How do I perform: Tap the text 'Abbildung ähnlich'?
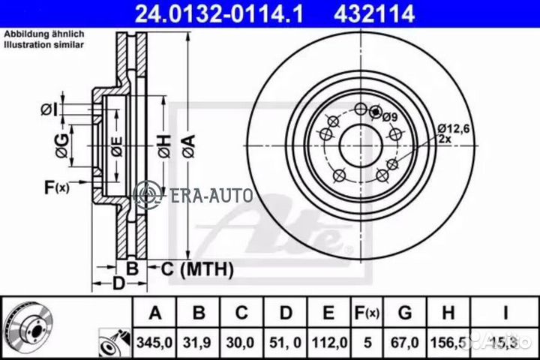[44, 34]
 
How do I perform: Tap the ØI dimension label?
[49, 111]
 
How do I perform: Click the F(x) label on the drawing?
[57, 187]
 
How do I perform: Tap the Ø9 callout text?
[389, 115]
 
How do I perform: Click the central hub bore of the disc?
[358, 142]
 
